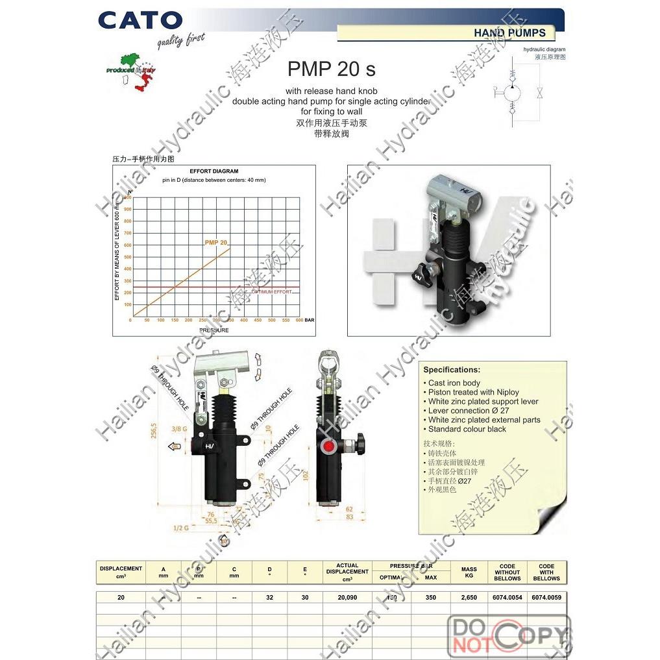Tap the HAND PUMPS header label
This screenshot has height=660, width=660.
(509, 32)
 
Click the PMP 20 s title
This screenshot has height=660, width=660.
(331, 69)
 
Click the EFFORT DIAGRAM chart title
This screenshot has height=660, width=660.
(214, 171)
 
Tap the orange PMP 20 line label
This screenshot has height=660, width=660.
(215, 242)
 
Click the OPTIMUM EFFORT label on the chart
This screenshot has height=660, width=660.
(271, 292)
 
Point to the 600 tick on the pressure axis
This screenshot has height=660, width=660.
(299, 320)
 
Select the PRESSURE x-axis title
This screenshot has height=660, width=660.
(214, 330)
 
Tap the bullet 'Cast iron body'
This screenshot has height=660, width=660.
(454, 383)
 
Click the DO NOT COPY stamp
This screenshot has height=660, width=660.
(509, 635)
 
